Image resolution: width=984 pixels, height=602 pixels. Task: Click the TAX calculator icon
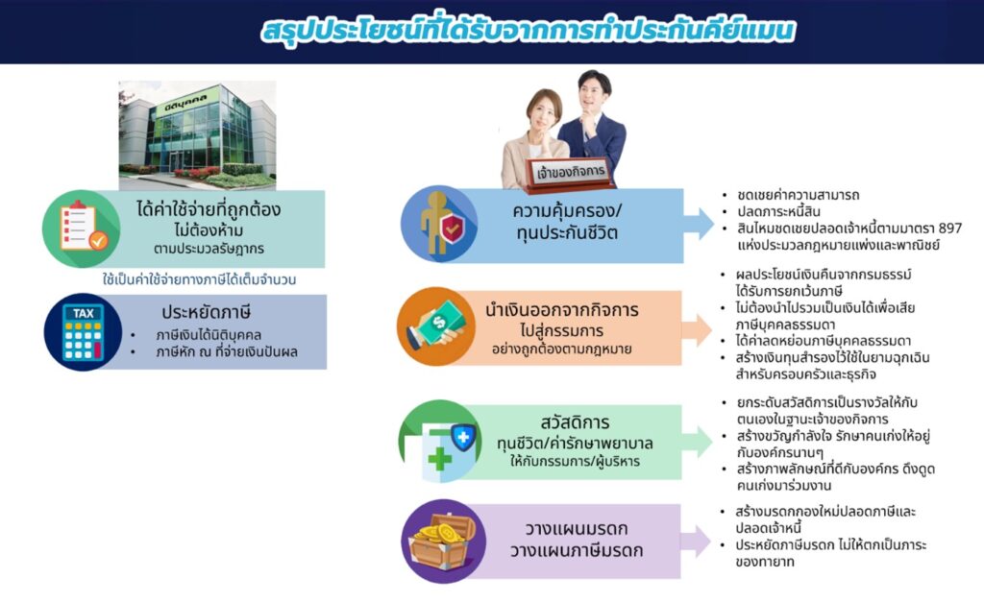pos(83,332)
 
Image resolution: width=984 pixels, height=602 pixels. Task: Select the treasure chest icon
pos(442,542)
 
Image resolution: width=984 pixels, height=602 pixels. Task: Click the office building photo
pos(198,134)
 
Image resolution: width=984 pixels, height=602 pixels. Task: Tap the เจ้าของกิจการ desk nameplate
pos(571,173)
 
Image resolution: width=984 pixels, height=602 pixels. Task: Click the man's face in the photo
pos(593,96)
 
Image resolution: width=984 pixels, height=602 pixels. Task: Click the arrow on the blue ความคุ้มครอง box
pos(698,224)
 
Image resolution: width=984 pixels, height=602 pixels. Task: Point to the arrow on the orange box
pos(697,330)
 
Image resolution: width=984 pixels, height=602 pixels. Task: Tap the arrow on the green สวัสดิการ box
pos(697,442)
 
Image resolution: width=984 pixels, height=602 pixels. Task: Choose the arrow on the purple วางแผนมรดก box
pos(696,542)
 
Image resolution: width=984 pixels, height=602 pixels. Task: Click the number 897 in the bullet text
pos(949,229)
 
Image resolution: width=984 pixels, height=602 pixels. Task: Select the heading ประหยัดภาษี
pos(207,312)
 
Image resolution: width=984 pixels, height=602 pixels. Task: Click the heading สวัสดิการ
pos(575,422)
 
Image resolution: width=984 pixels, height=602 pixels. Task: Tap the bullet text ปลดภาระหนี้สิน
pos(778,211)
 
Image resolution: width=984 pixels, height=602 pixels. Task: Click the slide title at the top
pos(529,31)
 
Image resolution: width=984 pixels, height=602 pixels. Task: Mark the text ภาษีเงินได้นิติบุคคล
pos(209,335)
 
